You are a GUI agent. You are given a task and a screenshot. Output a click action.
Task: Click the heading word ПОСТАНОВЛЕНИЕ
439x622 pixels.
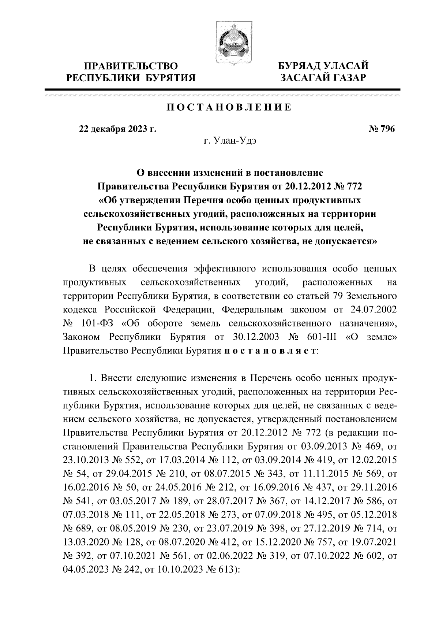tap(229, 107)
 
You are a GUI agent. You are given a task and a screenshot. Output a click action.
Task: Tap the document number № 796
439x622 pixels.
tap(382, 129)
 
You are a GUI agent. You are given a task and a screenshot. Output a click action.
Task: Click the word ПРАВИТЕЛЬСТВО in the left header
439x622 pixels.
tap(131, 66)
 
